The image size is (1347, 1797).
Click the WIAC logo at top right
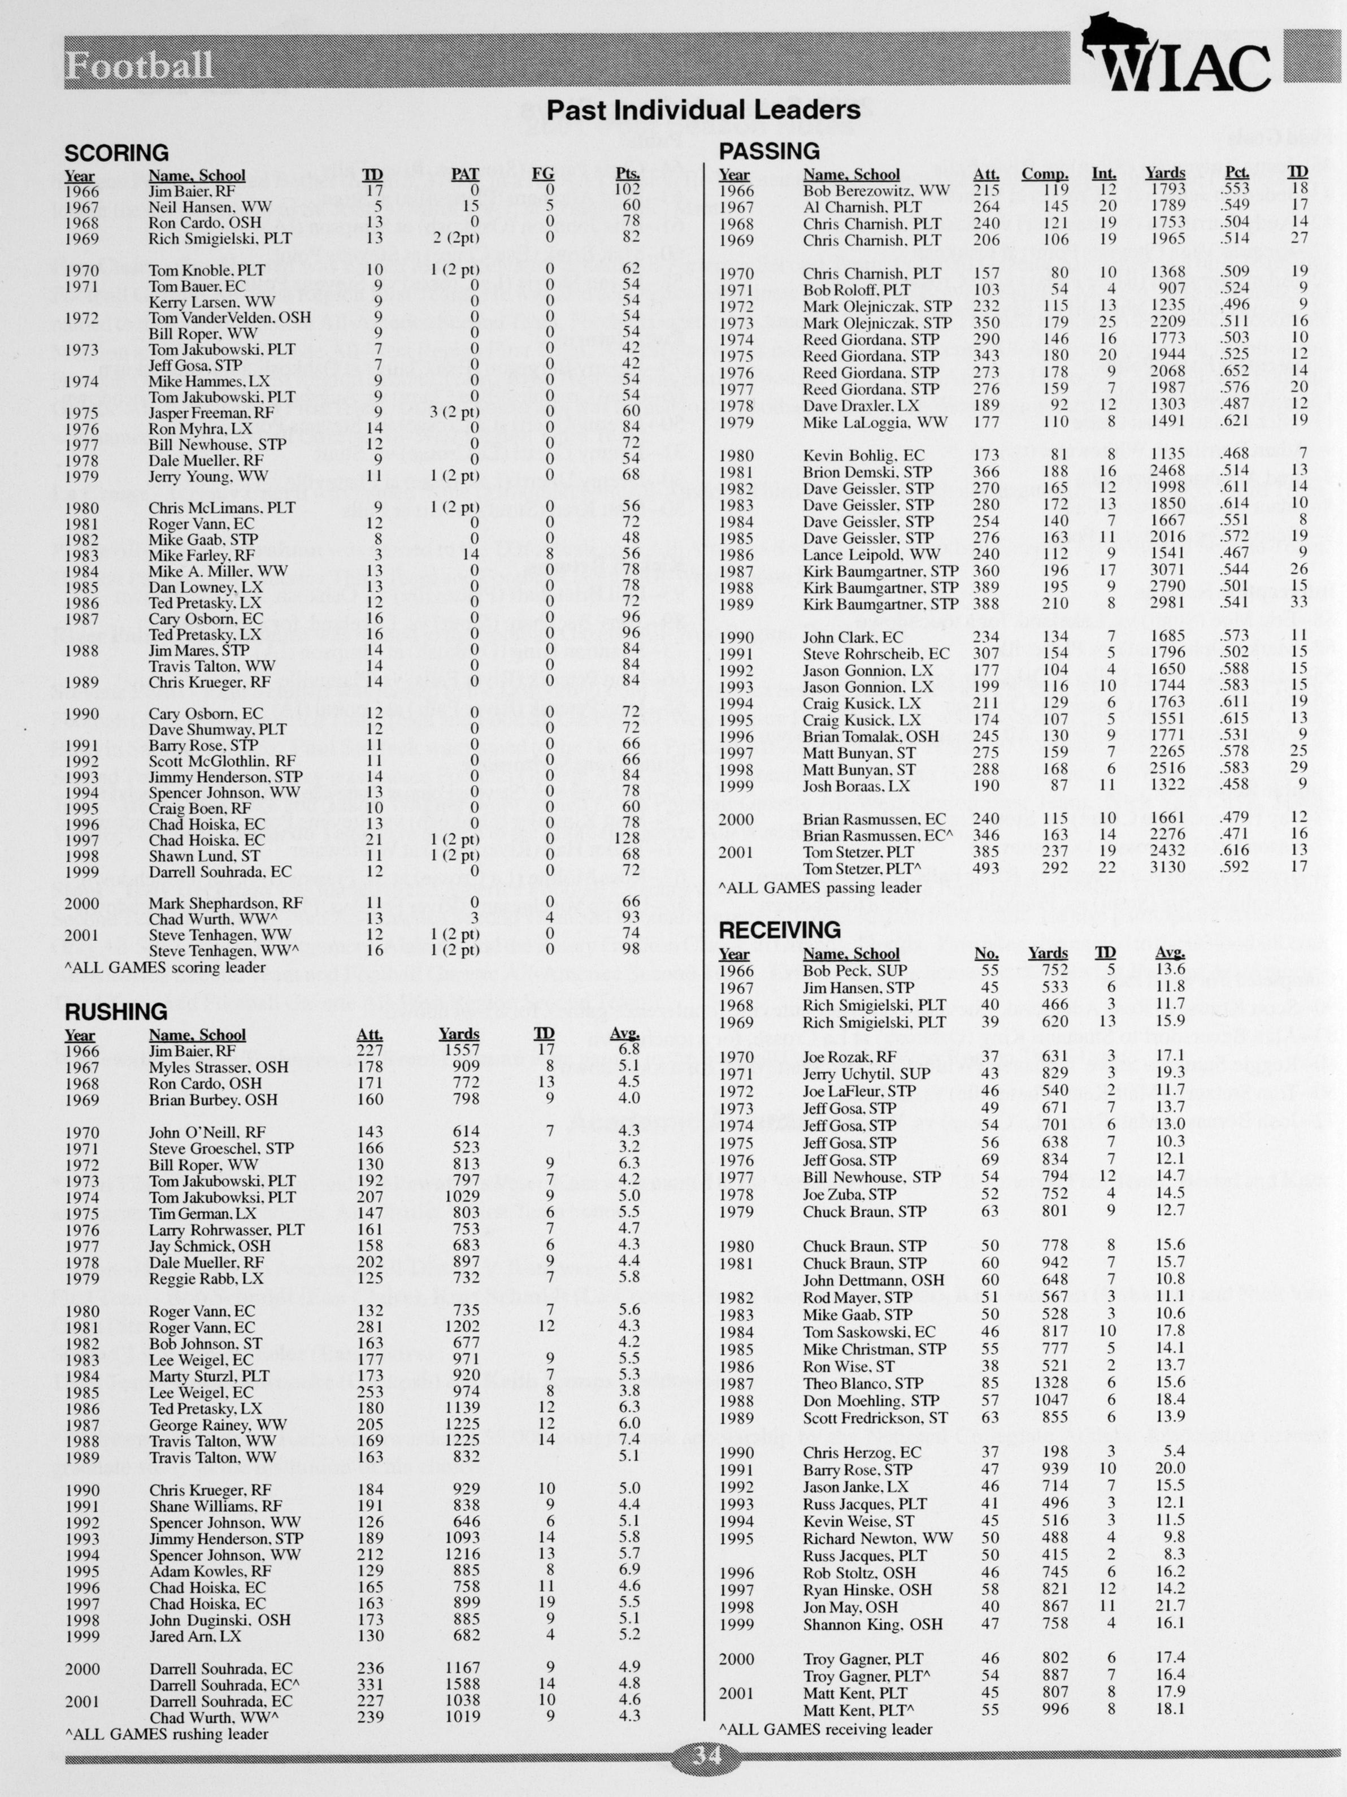click(1178, 57)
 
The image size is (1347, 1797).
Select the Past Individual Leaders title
click(703, 110)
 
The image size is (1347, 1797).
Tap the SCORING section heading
click(116, 153)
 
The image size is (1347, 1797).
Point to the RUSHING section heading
click(116, 1012)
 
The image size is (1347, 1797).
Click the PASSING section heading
click(770, 151)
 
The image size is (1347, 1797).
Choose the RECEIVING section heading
click(780, 930)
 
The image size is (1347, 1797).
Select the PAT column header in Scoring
click(466, 174)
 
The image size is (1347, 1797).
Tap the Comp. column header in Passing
click(1044, 174)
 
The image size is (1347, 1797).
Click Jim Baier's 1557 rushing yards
click(462, 1051)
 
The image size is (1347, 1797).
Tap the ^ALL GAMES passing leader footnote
click(820, 888)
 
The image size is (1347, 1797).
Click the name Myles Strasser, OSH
click(219, 1067)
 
